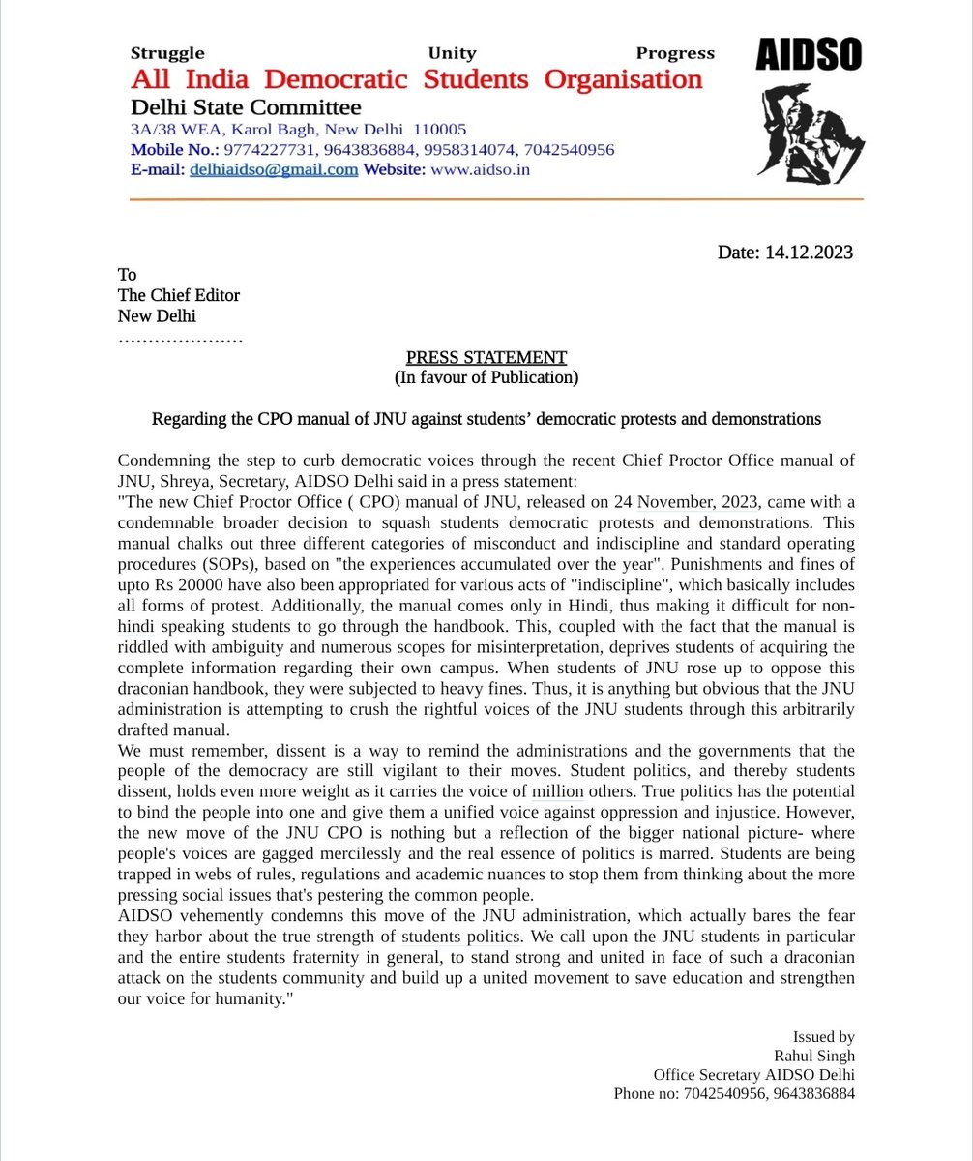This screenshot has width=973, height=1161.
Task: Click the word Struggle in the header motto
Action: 167,54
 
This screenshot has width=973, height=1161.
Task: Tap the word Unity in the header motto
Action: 452,54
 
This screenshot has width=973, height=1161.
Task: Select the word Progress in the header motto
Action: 674,54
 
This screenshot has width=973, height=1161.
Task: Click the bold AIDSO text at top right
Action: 808,57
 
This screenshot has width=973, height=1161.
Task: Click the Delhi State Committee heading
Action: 246,107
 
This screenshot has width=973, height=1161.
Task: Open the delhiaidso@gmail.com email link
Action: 274,169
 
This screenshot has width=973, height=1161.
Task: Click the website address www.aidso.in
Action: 480,169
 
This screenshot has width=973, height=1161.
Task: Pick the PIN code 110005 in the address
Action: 440,130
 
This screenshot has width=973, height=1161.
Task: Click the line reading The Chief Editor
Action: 178,295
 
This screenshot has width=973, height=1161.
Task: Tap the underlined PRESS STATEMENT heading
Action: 486,357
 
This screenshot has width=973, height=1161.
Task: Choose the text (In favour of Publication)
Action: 486,377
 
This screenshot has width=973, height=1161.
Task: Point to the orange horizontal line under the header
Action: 495,199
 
